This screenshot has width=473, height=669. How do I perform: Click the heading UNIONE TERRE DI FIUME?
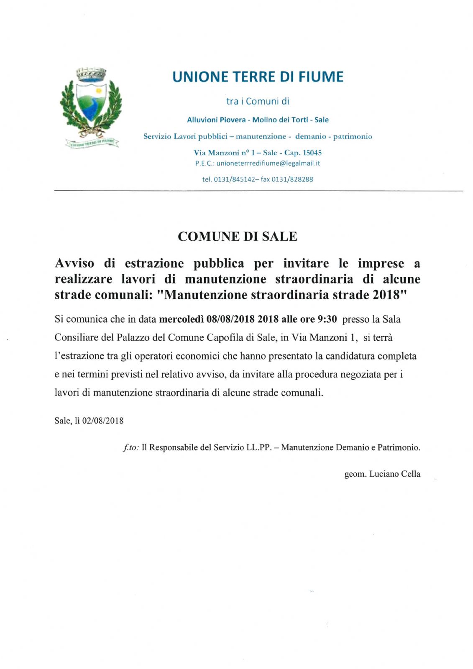click(x=258, y=77)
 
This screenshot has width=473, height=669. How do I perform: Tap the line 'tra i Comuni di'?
click(x=258, y=101)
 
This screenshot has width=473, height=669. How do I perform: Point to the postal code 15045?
click(x=312, y=153)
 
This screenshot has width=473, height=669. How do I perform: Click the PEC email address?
click(x=268, y=163)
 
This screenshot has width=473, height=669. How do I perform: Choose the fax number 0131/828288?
click(x=292, y=179)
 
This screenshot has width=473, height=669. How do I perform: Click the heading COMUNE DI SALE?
click(x=237, y=237)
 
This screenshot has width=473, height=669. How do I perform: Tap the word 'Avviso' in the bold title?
click(x=74, y=263)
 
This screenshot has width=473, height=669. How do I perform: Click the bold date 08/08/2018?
click(x=230, y=319)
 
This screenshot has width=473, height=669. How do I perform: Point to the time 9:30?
click(x=327, y=319)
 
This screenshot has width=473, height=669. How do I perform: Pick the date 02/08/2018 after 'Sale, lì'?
click(x=103, y=421)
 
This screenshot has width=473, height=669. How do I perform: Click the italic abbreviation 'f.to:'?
click(x=130, y=448)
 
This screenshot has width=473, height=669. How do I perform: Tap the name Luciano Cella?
click(x=394, y=474)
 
